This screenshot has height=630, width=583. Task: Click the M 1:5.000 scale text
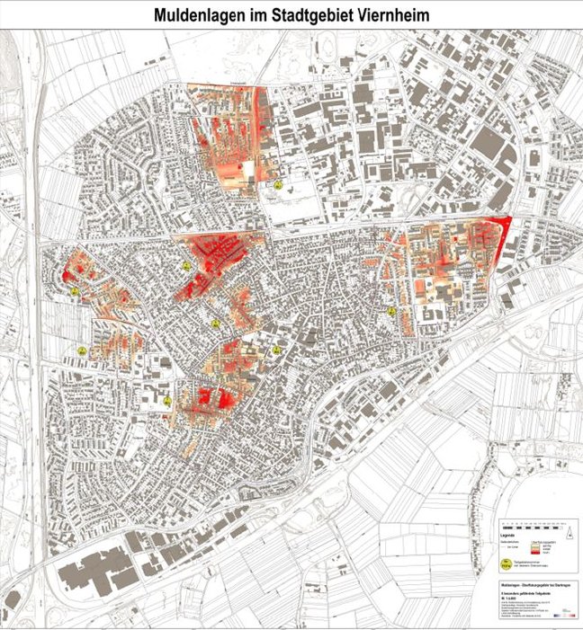pyautogui.click(x=509, y=599)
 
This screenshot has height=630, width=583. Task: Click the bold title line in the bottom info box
pyautogui.click(x=535, y=584)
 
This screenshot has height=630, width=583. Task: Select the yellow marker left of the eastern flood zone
pyautogui.click(x=392, y=311)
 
